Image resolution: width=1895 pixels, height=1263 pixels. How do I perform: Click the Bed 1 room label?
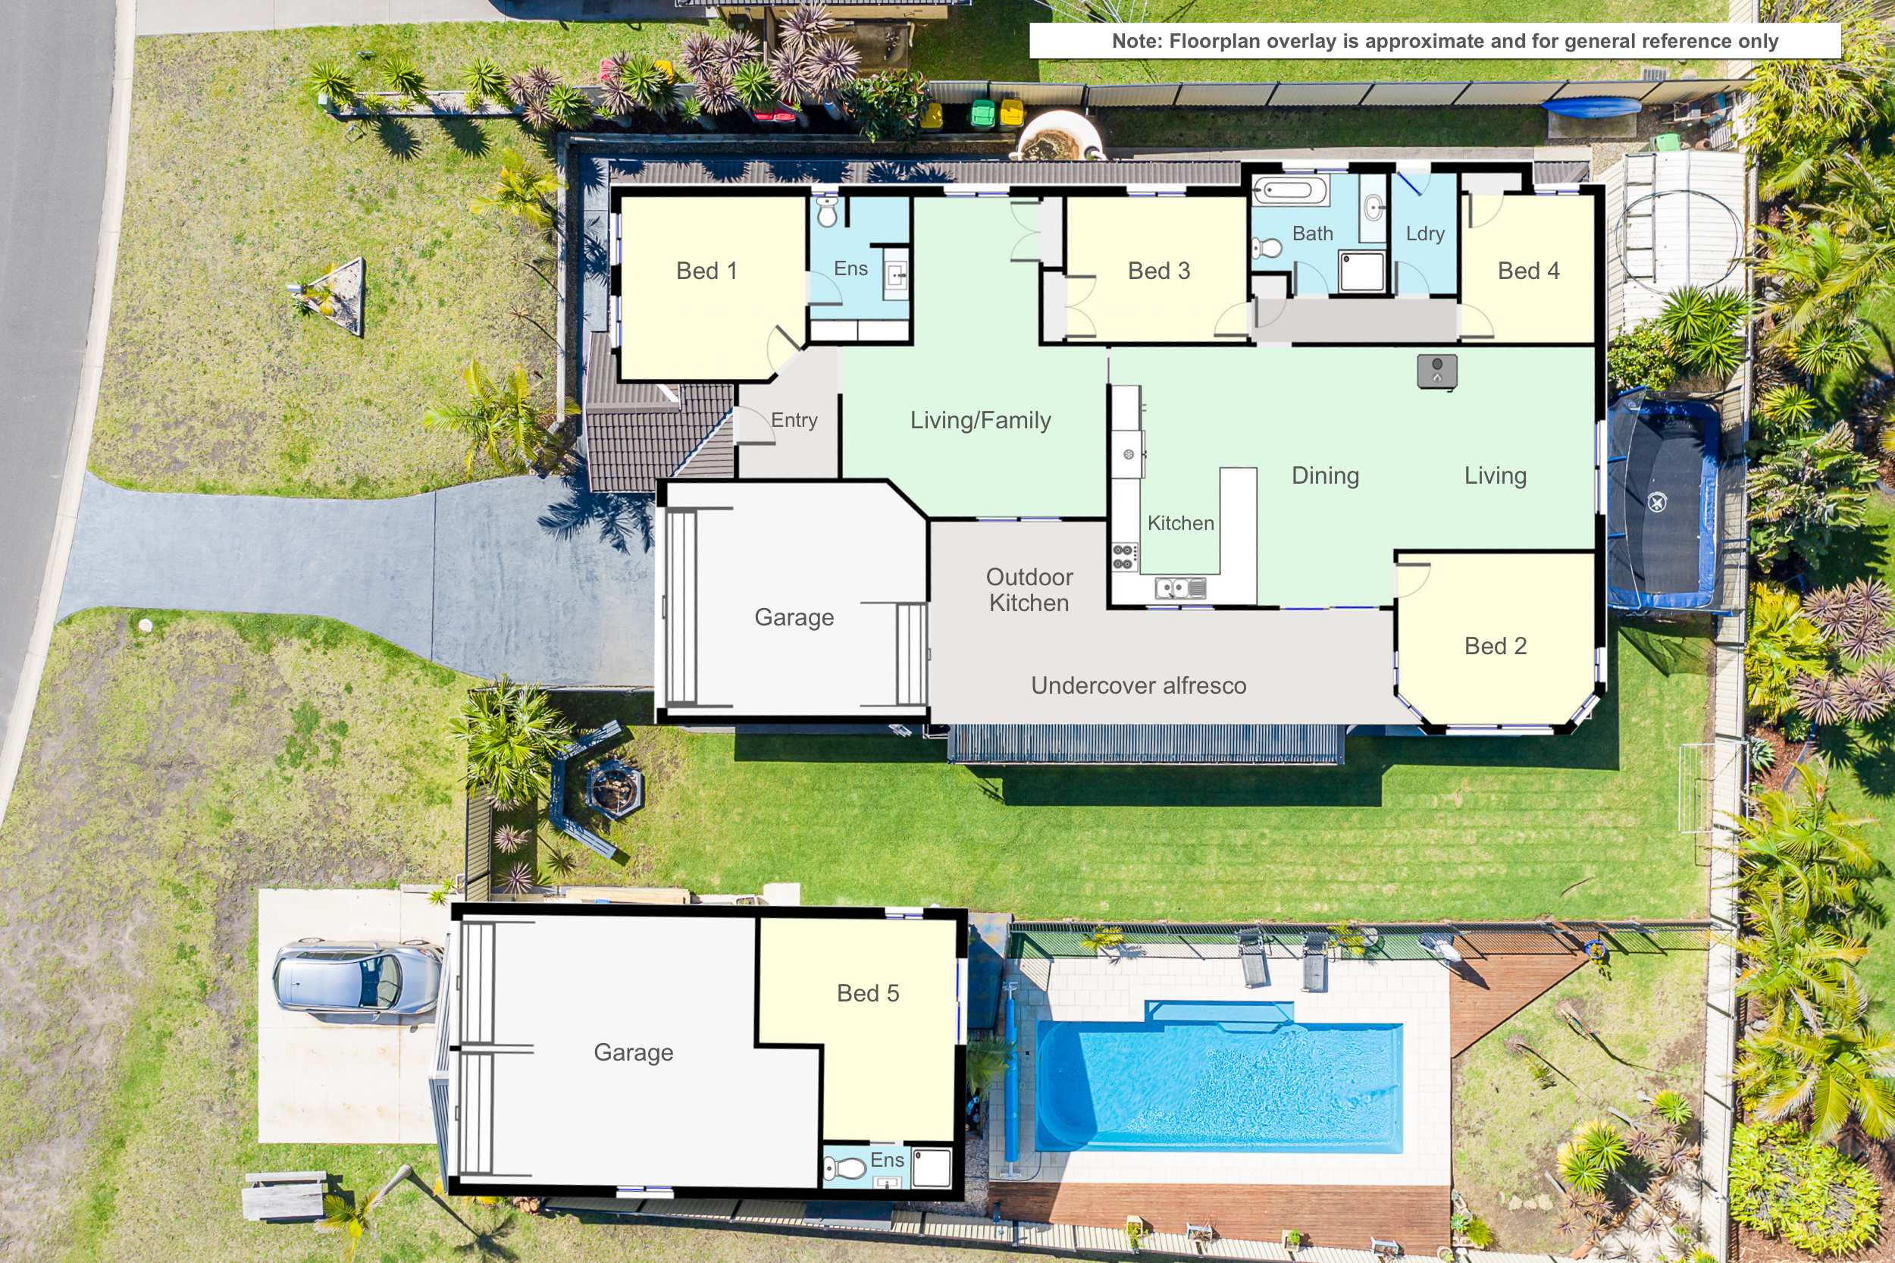click(706, 271)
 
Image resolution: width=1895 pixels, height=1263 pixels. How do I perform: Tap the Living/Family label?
click(980, 421)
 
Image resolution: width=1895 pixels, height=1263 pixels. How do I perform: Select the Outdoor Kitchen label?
click(1029, 590)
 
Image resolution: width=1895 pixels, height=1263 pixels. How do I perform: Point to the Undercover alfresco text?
click(1139, 685)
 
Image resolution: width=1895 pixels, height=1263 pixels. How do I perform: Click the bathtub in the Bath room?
click(1289, 191)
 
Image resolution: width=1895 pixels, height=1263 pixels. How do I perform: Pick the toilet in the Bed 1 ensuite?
click(827, 211)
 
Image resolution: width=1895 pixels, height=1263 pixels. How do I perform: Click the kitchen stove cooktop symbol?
click(1124, 556)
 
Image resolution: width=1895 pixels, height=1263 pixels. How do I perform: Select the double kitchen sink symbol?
click(1180, 589)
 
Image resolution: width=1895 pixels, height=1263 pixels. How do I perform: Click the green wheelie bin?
click(982, 114)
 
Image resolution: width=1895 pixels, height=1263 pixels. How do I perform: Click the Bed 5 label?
click(867, 993)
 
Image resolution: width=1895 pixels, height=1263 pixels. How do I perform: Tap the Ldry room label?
click(1425, 233)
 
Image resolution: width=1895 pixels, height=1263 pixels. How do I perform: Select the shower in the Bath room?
click(1362, 271)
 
